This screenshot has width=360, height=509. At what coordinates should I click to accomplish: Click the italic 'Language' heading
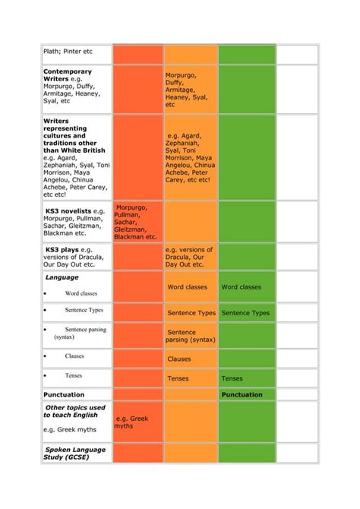pyautogui.click(x=62, y=277)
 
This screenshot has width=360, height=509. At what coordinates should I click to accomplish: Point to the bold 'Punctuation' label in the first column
pyautogui.click(x=64, y=395)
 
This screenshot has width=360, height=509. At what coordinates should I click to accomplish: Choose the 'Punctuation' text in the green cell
pyautogui.click(x=242, y=395)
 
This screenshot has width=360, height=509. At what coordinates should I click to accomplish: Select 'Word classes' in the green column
pyautogui.click(x=241, y=287)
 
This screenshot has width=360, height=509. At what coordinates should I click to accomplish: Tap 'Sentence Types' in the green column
pyautogui.click(x=245, y=313)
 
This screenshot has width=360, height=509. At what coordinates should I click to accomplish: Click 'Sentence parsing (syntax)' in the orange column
pyautogui.click(x=191, y=336)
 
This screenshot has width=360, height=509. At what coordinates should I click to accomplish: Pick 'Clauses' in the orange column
pyautogui.click(x=179, y=359)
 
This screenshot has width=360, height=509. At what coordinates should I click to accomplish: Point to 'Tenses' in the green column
pyautogui.click(x=232, y=378)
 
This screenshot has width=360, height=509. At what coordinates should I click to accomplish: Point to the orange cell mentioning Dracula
pyautogui.click(x=190, y=257)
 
